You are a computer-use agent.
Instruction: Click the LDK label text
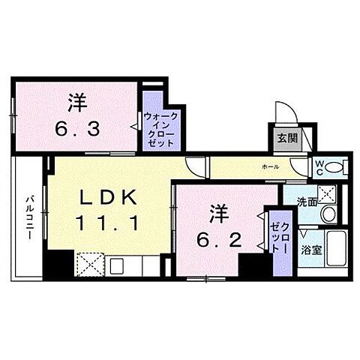[x=109, y=197]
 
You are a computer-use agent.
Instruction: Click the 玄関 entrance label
[x=286, y=138]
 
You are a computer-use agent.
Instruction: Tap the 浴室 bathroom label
[x=311, y=250]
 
